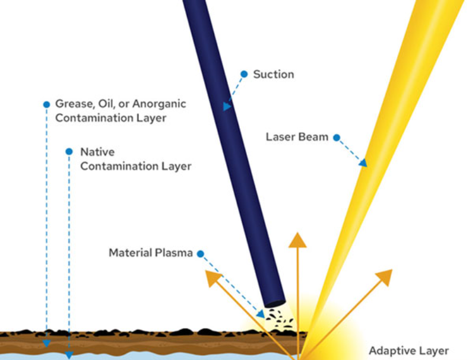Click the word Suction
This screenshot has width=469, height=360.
tap(273, 74)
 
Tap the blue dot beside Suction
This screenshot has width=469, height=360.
tap(244, 74)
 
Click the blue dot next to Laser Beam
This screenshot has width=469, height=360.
tap(337, 138)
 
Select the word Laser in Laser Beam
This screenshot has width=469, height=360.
tap(281, 137)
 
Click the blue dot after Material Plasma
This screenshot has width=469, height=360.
tap(201, 254)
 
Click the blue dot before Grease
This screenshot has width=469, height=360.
tap(46, 104)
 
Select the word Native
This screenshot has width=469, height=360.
tap(97, 152)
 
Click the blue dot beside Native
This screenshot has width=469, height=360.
tap(69, 151)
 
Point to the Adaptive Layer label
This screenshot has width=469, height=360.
tap(408, 351)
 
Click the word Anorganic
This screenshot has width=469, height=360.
tap(159, 104)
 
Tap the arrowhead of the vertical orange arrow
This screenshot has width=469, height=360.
tap(297, 240)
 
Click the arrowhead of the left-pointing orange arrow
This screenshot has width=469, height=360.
tap(213, 278)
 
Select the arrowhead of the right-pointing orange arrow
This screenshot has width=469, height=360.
tap(385, 277)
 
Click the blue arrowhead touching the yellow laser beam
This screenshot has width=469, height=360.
tap(363, 163)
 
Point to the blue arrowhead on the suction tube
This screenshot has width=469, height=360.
tap(227, 106)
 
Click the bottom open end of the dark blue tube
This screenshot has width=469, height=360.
tap(275, 304)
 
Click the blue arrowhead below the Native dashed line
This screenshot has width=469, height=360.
tap(69, 355)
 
